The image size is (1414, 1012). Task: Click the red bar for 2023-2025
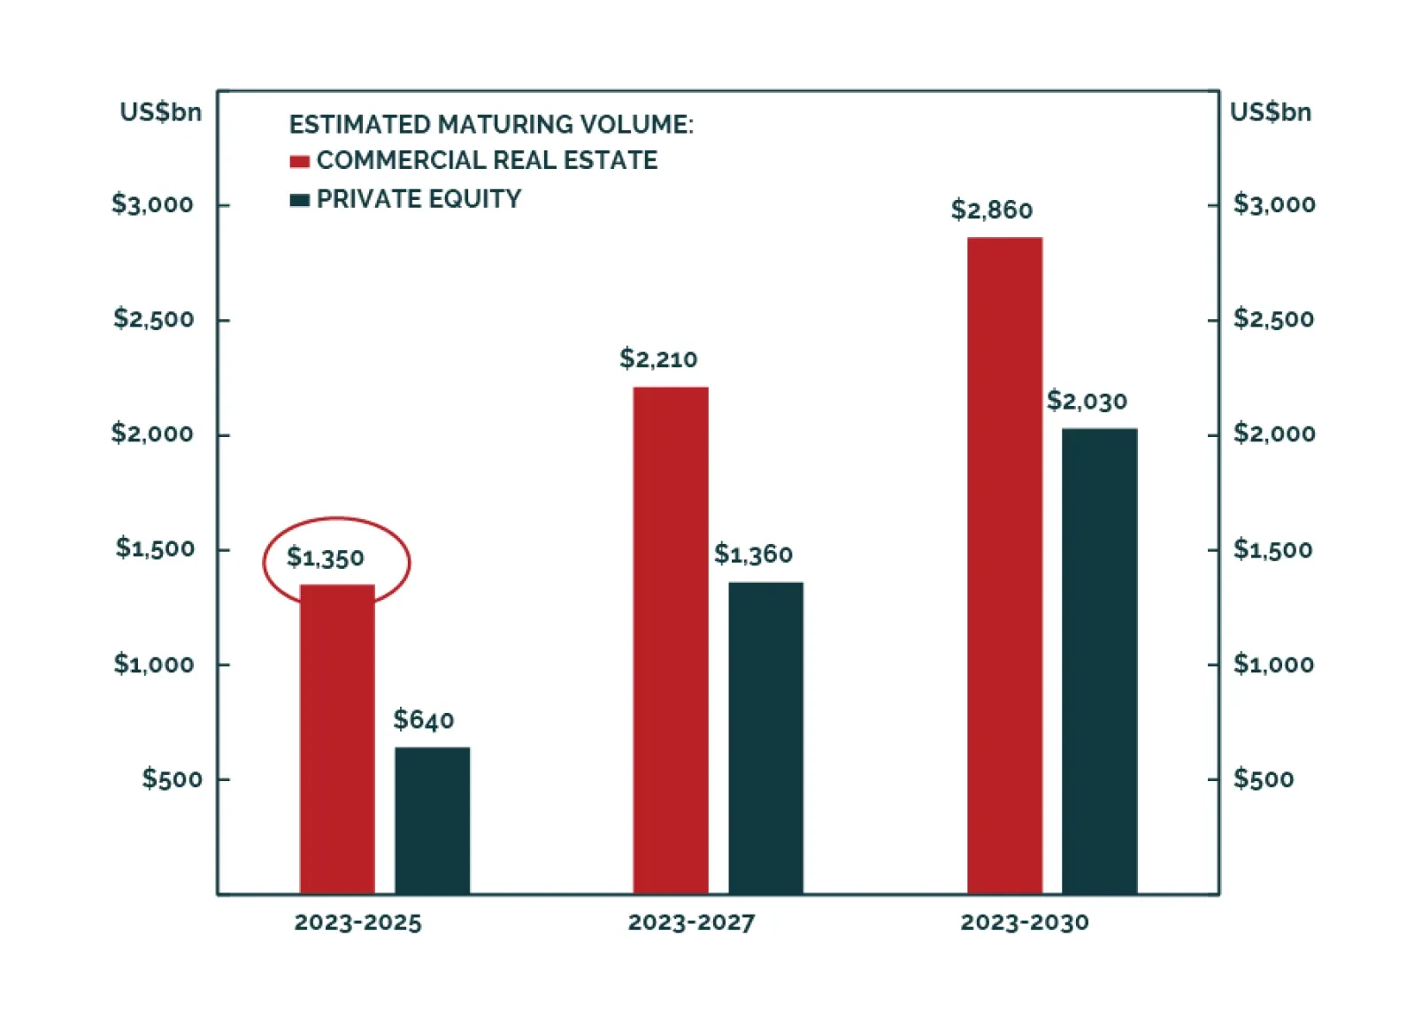click(337, 739)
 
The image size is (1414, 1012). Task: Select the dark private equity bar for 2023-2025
click(433, 820)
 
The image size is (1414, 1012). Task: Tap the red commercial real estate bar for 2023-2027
click(671, 640)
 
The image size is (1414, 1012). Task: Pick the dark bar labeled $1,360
click(765, 738)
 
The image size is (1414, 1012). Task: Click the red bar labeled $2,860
click(1004, 566)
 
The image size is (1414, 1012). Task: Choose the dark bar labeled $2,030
click(1099, 661)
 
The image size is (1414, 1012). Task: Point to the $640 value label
click(424, 719)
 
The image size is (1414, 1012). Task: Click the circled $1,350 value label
click(325, 557)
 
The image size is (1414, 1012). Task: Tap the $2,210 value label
click(658, 358)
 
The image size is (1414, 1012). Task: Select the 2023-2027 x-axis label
click(691, 923)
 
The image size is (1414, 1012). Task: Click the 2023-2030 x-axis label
click(1025, 923)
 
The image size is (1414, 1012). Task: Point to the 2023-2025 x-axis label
click(357, 923)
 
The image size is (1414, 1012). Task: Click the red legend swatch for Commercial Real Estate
click(299, 162)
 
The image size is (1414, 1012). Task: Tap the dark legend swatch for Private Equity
click(299, 200)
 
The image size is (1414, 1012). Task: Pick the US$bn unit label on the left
click(161, 112)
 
